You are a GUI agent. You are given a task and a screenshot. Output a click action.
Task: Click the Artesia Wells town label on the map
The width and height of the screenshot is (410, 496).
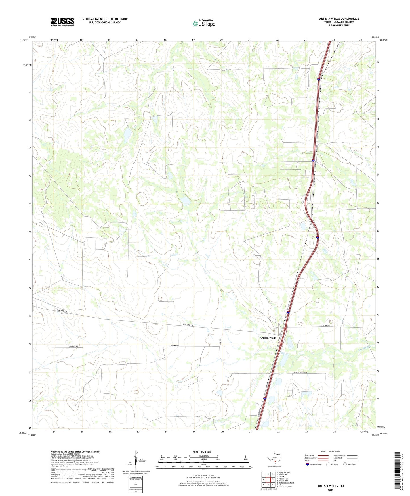[x=268, y=338]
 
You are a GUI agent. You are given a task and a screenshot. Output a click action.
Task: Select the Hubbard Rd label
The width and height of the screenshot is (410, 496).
[x=175, y=345]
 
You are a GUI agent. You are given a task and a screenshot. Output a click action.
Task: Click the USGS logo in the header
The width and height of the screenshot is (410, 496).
[x=62, y=22]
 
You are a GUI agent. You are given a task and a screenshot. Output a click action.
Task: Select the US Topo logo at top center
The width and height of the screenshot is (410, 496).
[x=204, y=23]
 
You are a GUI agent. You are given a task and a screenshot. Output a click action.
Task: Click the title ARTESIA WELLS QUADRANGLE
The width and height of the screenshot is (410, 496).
[x=339, y=19]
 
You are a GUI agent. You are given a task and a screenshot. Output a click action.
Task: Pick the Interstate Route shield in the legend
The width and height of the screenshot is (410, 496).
[x=308, y=464]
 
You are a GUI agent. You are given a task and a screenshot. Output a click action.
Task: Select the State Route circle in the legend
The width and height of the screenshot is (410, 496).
[x=345, y=464]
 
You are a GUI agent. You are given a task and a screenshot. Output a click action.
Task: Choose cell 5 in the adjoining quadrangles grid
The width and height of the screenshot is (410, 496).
[x=273, y=480]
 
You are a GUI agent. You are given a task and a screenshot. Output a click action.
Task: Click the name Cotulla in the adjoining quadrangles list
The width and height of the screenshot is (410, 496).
[x=281, y=477]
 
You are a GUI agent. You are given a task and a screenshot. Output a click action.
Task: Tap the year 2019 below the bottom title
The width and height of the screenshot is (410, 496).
[x=331, y=490]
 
